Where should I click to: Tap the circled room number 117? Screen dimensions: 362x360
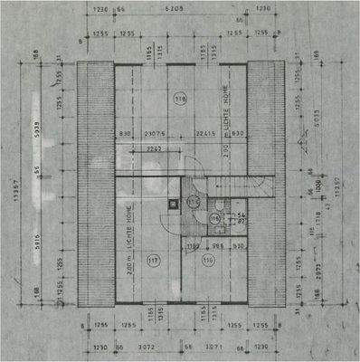point(152,262)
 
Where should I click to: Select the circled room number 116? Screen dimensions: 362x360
point(208,262)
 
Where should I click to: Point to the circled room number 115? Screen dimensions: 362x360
point(214,218)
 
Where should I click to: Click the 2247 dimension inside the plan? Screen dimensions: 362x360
point(153,148)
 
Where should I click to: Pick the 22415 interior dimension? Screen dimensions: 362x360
point(205,135)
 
